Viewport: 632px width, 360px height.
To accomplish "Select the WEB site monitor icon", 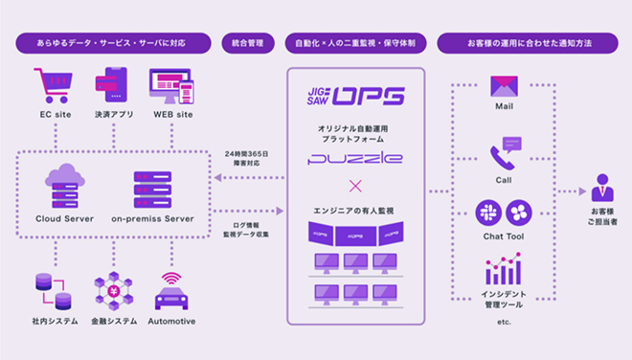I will (172, 85).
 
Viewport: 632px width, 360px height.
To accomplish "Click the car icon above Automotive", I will (172, 293).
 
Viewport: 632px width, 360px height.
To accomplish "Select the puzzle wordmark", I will (354, 158).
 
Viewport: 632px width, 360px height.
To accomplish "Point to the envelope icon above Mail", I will (504, 86).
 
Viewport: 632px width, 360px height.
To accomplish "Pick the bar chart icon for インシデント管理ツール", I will (504, 270).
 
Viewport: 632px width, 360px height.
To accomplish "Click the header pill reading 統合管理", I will (248, 43).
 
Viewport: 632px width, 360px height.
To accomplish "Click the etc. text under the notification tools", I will (505, 323).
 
